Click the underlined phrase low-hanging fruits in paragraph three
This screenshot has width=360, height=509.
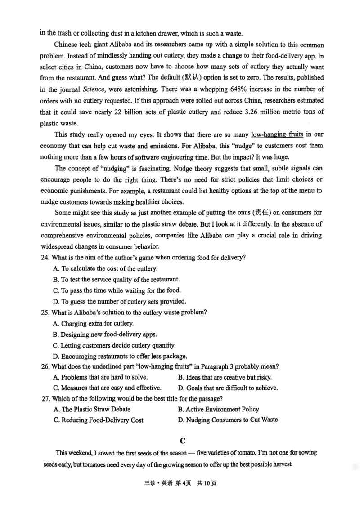277,134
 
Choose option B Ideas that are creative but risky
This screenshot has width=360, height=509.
225,377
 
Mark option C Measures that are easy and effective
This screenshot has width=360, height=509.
107,388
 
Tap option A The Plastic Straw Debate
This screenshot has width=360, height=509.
92,409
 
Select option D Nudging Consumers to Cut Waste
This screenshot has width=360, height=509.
228,420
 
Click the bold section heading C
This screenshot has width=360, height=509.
182,441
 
